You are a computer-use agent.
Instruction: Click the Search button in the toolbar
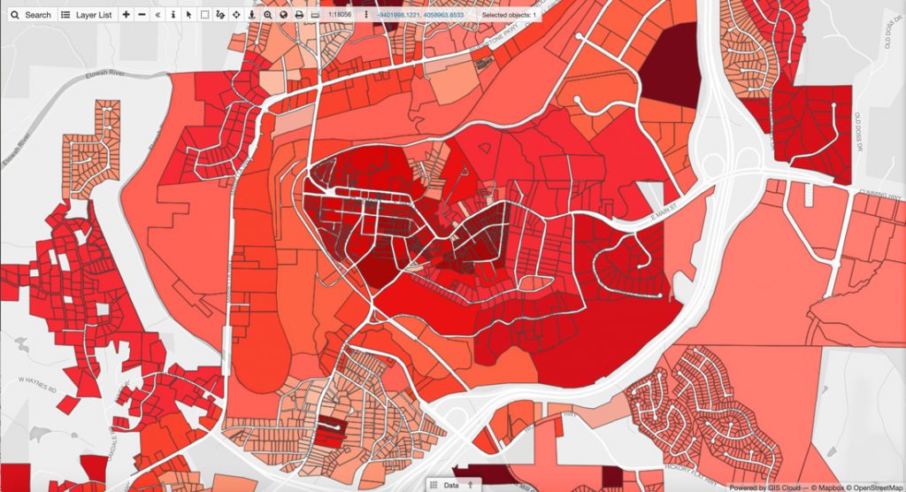[x=31, y=15]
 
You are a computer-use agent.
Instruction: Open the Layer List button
[x=87, y=15]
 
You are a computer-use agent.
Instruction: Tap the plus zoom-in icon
[x=126, y=15]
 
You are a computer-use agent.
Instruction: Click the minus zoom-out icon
[x=142, y=15]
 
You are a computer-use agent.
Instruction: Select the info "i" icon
[x=173, y=15]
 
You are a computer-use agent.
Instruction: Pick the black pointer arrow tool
[x=188, y=15]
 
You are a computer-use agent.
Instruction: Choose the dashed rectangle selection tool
[x=204, y=15]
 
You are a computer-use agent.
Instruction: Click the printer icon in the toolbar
[x=299, y=15]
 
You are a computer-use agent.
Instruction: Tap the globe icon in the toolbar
[x=282, y=15]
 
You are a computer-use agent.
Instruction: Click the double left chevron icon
[x=157, y=15]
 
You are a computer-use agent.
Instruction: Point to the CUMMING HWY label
[x=879, y=192]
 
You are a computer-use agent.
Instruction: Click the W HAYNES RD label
[x=36, y=382]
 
